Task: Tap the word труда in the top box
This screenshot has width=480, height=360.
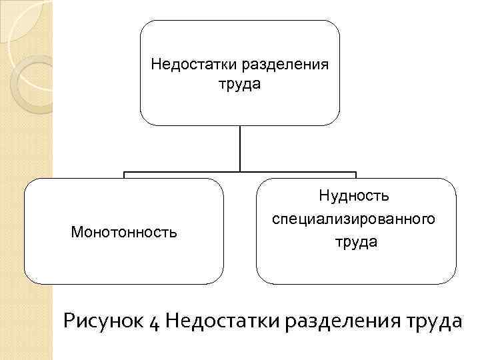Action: [x=239, y=85]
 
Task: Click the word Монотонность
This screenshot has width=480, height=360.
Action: [x=124, y=232]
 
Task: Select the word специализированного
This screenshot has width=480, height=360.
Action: [x=355, y=219]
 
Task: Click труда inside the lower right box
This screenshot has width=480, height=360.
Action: [x=356, y=242]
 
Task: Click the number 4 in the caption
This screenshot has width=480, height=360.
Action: [x=153, y=323]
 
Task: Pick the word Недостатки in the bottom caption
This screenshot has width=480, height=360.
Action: [x=223, y=322]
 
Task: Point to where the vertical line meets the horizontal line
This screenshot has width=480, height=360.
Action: [x=240, y=172]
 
